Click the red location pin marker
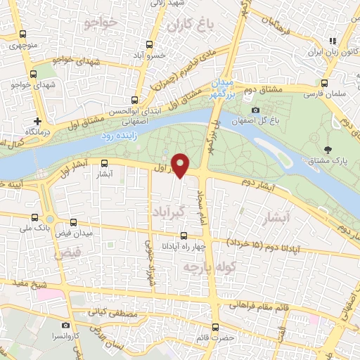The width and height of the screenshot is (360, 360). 181,165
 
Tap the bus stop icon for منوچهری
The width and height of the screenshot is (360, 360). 22,34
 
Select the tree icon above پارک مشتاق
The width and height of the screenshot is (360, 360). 328,149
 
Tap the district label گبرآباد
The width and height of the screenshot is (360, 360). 167,211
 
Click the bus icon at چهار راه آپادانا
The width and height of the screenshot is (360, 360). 184,236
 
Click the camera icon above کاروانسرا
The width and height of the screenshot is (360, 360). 66,326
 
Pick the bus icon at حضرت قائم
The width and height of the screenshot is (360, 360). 215,326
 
